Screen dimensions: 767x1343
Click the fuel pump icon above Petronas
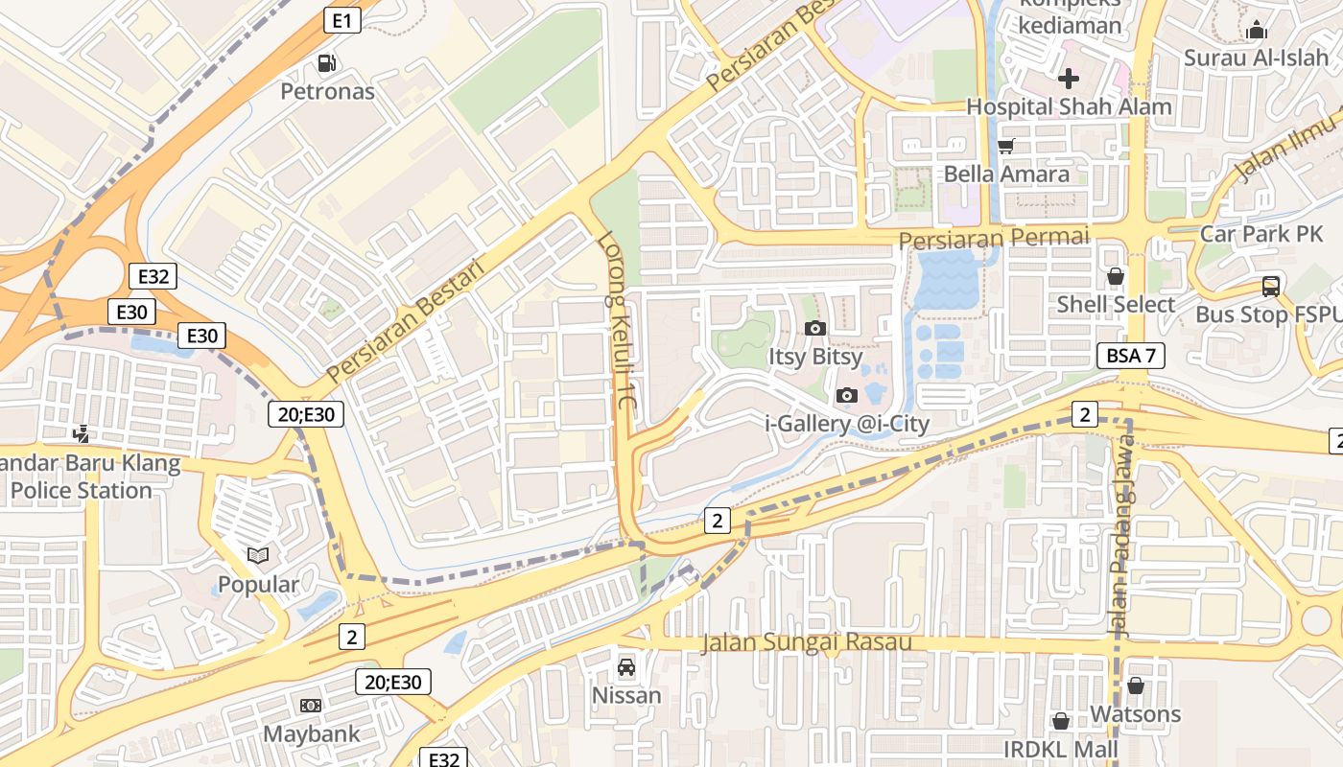327,63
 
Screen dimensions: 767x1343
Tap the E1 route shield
342,20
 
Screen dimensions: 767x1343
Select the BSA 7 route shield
1131,356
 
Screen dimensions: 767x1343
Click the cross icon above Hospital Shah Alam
1069,79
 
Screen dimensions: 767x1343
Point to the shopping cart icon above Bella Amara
1005,147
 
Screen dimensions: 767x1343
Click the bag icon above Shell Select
1115,277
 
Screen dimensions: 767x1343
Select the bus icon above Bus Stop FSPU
1271,287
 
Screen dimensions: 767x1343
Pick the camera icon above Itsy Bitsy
814,329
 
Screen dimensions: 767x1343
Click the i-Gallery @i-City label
847,423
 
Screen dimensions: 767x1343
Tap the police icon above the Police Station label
82,434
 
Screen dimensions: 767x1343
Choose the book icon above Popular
257,555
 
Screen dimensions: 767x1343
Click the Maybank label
312,734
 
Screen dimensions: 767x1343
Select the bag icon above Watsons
1136,686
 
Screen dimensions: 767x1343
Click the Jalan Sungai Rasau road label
806,642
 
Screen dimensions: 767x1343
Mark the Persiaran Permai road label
994,237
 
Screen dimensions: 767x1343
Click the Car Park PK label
1261,234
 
